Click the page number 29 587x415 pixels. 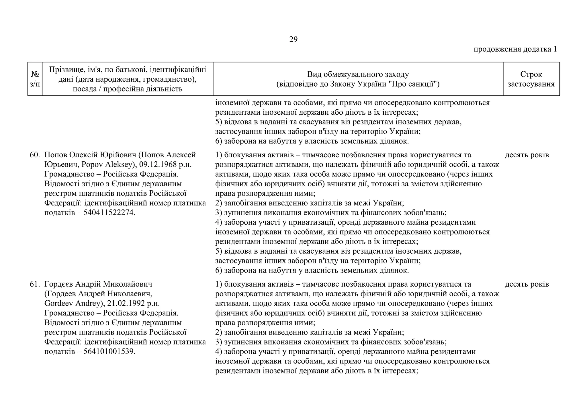293,40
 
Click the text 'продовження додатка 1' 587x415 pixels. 515,49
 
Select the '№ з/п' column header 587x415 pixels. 35,79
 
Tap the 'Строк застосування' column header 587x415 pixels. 531,79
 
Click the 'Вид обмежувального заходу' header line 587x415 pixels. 358,75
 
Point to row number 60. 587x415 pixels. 34,155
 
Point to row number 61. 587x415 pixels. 34,284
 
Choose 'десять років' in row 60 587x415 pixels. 527,155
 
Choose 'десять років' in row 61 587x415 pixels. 527,284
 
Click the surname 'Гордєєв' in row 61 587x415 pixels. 58,284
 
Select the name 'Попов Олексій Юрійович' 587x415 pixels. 90,155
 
